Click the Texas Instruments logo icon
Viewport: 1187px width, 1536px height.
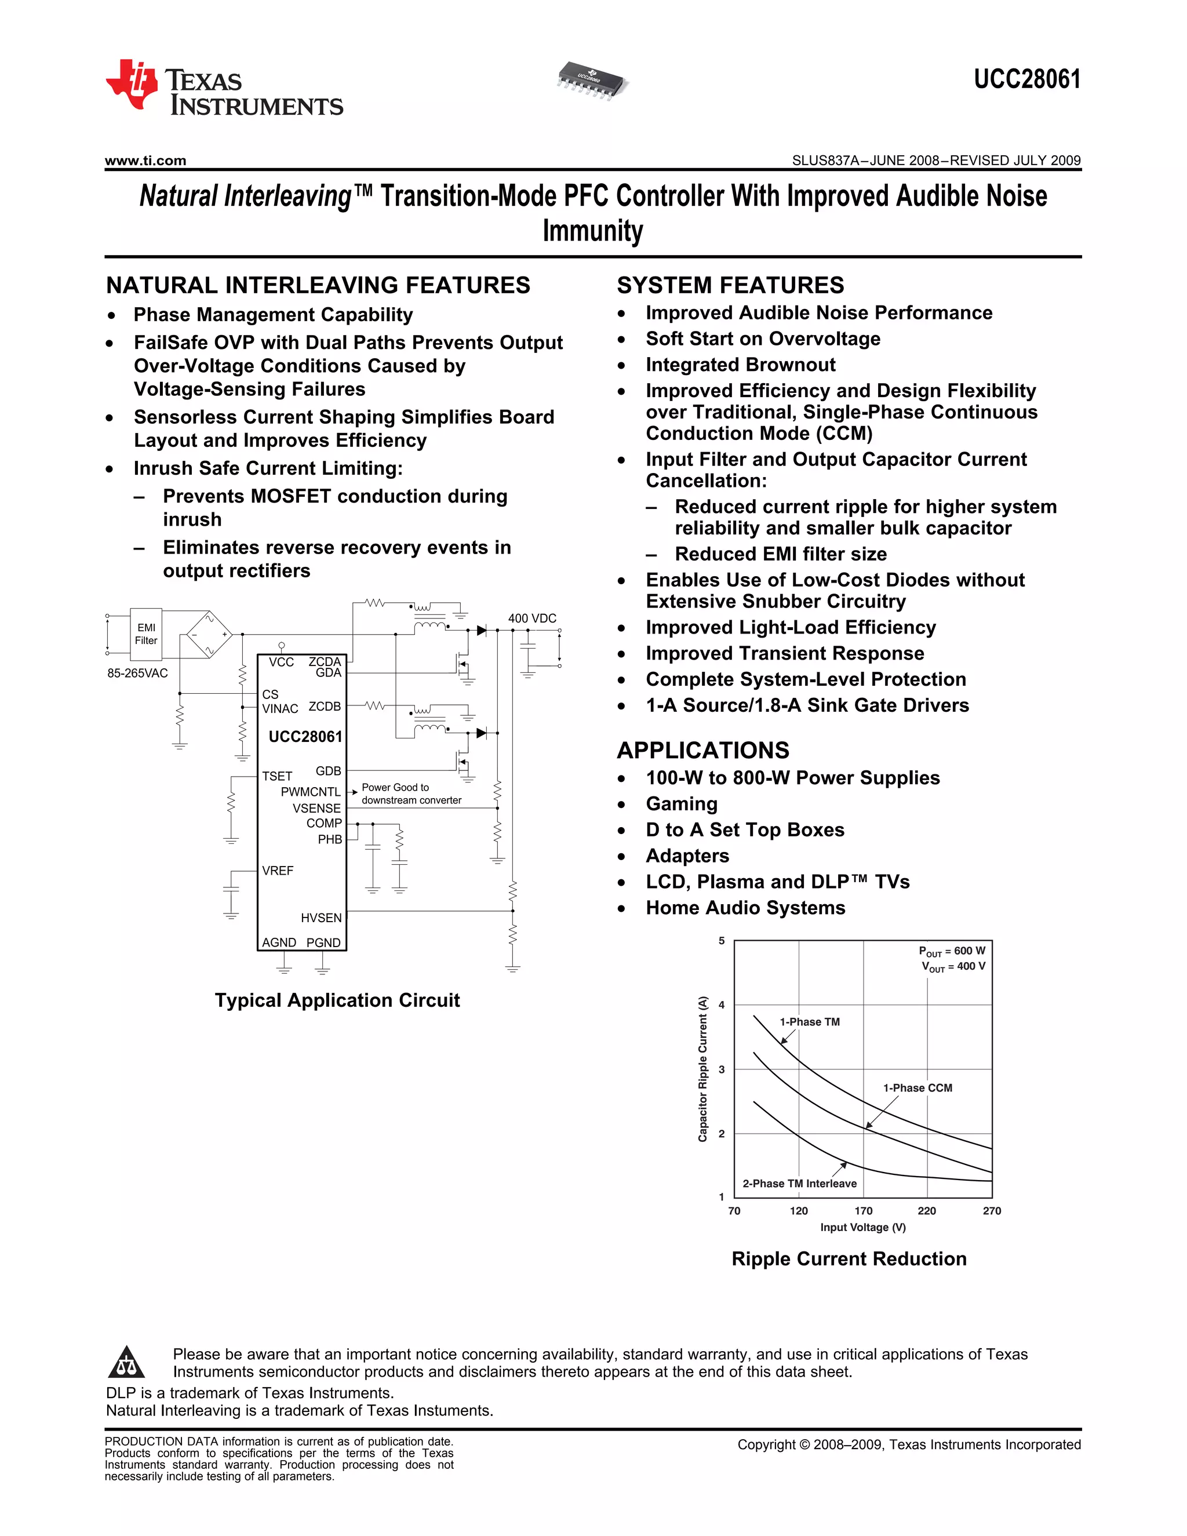click(x=132, y=85)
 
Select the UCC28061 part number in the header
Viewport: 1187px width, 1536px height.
click(x=1026, y=79)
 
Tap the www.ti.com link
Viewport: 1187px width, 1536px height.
click(x=145, y=161)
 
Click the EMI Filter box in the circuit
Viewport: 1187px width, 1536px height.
click(x=146, y=634)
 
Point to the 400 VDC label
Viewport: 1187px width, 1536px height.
click(x=531, y=618)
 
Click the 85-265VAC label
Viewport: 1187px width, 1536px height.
click(x=138, y=673)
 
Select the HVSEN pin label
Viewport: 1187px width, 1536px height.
click(x=321, y=918)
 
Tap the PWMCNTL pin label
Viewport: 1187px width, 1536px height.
click(x=310, y=792)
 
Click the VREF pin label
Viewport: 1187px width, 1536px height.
click(x=278, y=871)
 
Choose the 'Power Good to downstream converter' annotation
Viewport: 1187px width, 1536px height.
click(x=412, y=794)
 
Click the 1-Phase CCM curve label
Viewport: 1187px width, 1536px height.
click(x=917, y=1088)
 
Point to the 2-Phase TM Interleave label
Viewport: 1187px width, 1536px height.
click(x=799, y=1184)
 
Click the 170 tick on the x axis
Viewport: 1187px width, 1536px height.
click(x=864, y=1211)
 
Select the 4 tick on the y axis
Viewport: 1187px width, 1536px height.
click(x=722, y=1005)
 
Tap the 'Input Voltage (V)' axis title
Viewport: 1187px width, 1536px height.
click(x=863, y=1227)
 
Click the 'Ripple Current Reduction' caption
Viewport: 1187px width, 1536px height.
click(x=849, y=1259)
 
